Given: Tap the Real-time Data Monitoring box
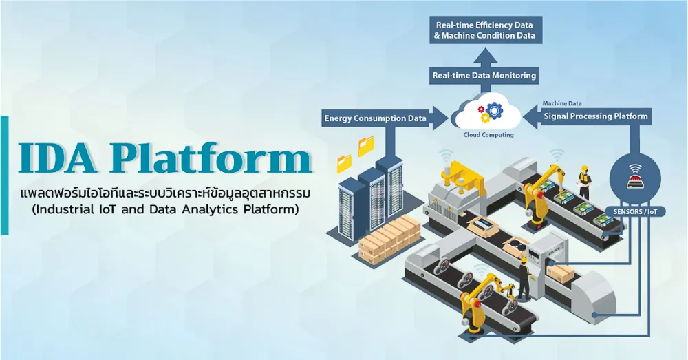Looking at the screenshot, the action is [484, 76].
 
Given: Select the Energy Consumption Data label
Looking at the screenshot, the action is [375, 118].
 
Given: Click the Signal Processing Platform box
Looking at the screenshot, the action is [595, 116].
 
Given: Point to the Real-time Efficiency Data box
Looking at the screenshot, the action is [485, 30].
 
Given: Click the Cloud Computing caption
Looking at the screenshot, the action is [488, 135].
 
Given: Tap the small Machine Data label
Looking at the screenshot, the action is [562, 104].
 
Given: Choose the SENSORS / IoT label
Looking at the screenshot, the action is [635, 211].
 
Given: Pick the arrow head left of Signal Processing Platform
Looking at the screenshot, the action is [532, 116].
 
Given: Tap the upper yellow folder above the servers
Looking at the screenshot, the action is [367, 146].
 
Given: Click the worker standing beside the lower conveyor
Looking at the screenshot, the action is [524, 279].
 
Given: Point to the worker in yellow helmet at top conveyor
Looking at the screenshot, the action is [584, 182].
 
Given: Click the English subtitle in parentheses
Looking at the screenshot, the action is [165, 209].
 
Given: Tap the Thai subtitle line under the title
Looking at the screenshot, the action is [165, 193].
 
